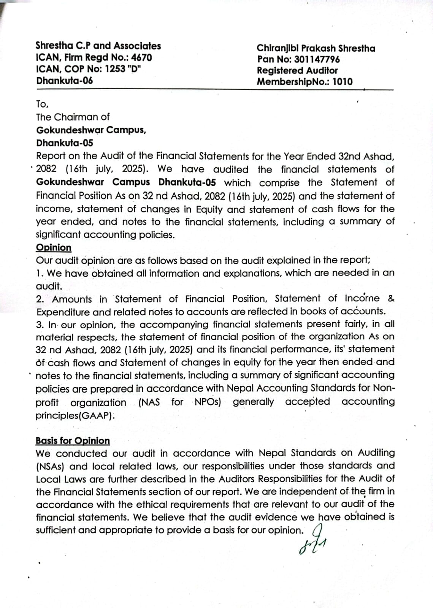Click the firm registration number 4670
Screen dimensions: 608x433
coord(141,58)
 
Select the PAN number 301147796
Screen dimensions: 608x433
coord(317,60)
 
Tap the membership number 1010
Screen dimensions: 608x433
coord(342,82)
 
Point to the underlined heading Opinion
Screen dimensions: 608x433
coord(54,248)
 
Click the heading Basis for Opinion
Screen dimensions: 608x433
coord(73,441)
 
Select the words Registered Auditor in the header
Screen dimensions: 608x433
coord(297,71)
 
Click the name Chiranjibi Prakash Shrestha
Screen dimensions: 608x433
coord(316,48)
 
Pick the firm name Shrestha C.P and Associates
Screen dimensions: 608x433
coord(98,46)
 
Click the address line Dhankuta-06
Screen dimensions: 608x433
coord(64,81)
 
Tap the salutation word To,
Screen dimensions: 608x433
coord(42,104)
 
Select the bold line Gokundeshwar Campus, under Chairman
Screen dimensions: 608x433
coord(91,130)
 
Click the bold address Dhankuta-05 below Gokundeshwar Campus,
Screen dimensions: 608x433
coord(64,143)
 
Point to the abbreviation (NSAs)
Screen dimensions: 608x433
coord(50,466)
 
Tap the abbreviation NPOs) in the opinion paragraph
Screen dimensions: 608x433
coord(208,402)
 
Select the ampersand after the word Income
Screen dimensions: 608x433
coord(391,299)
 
